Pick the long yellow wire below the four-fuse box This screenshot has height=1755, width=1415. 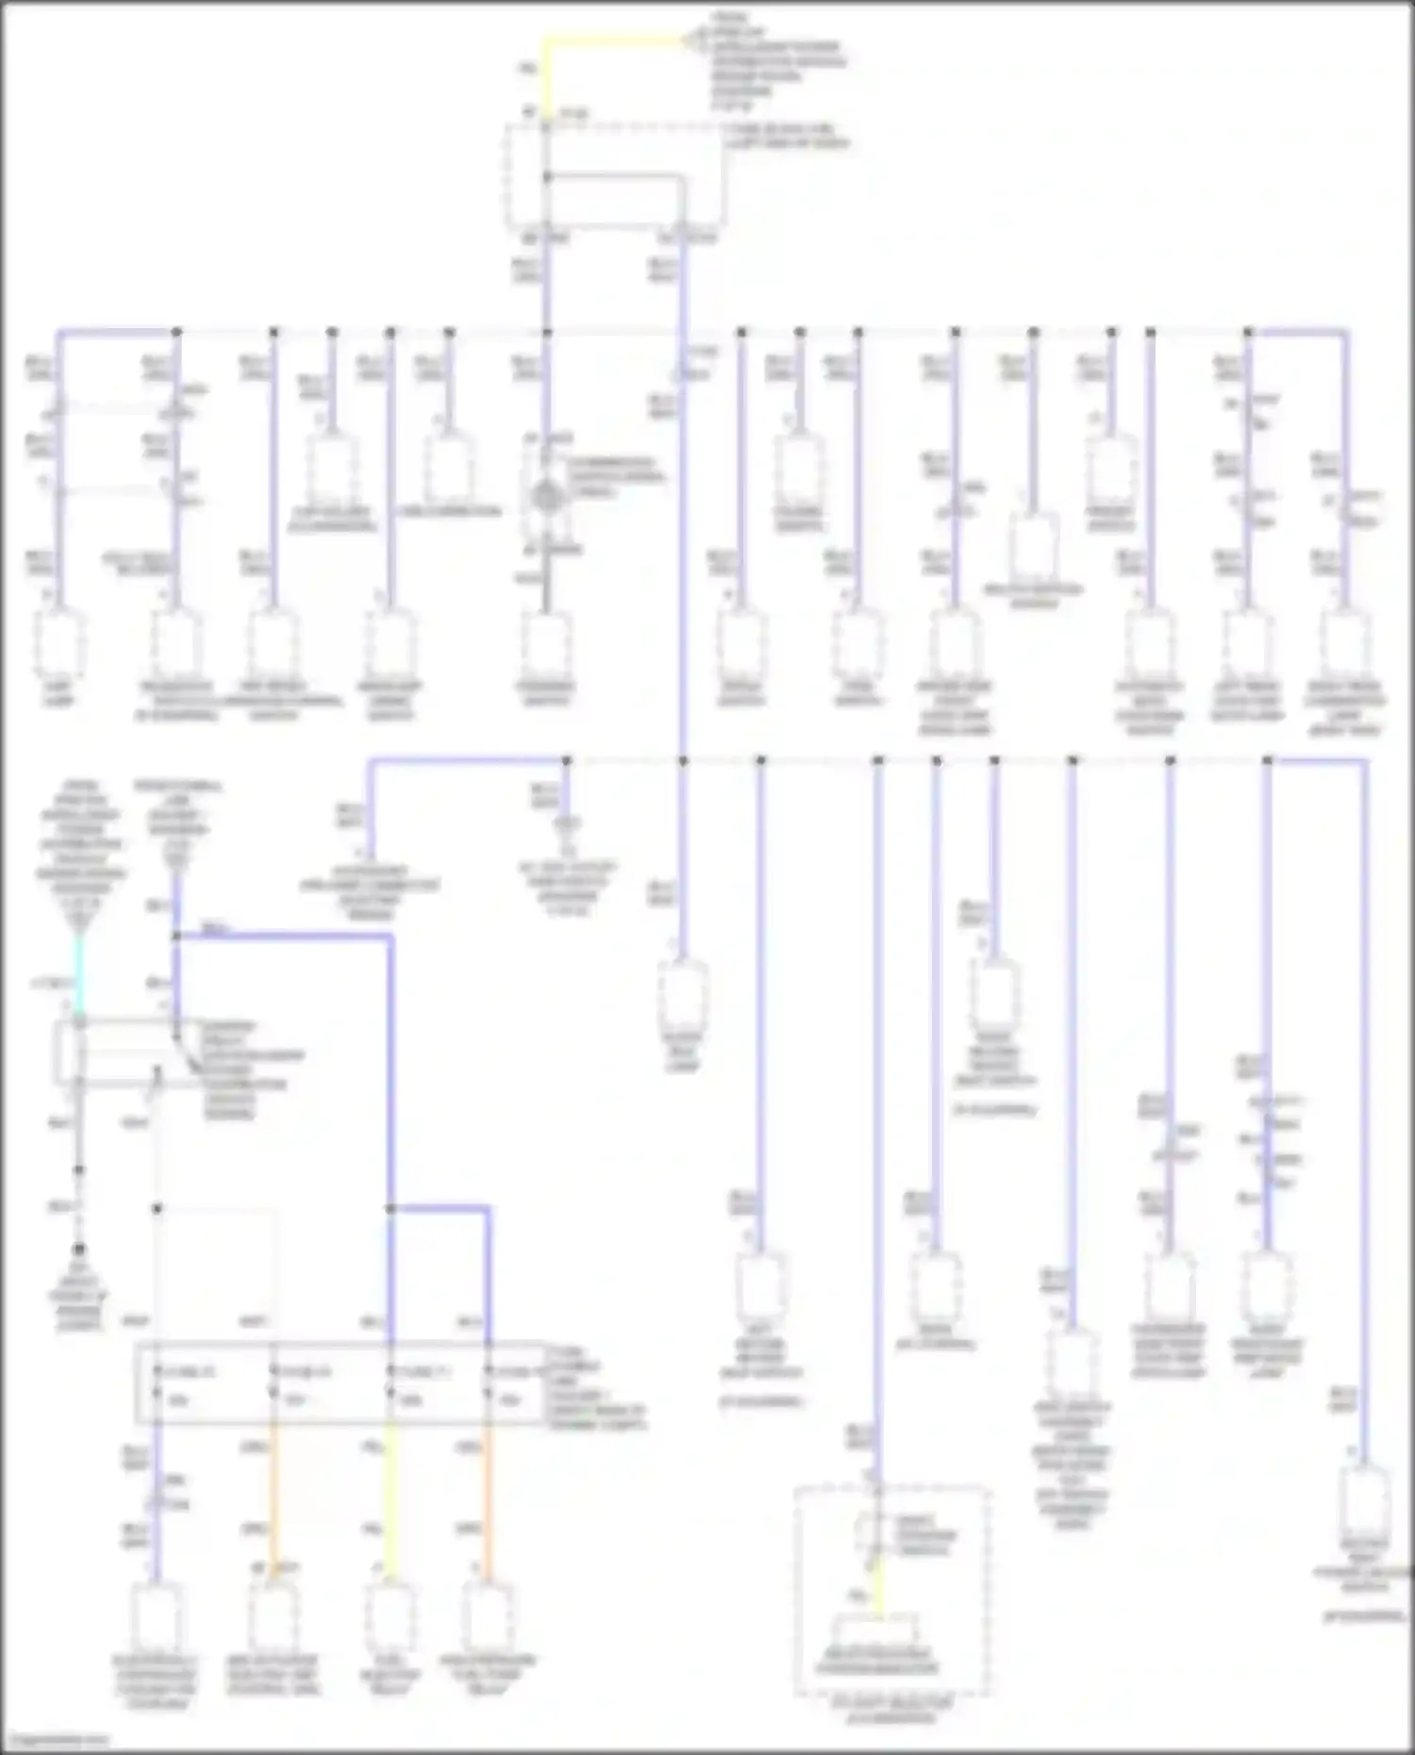tap(391, 1499)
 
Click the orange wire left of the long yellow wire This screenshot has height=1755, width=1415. tap(274, 1499)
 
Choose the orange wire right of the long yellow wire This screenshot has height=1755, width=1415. tap(489, 1499)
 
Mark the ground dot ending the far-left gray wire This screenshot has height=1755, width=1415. tap(79, 1250)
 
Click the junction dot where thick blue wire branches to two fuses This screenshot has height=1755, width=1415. tap(391, 1209)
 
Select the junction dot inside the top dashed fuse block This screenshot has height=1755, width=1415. tap(546, 176)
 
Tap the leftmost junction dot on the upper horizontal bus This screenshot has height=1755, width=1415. tap(176, 332)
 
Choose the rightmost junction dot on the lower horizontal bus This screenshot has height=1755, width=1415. tap(1267, 760)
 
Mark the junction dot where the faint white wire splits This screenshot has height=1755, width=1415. tap(158, 1209)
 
